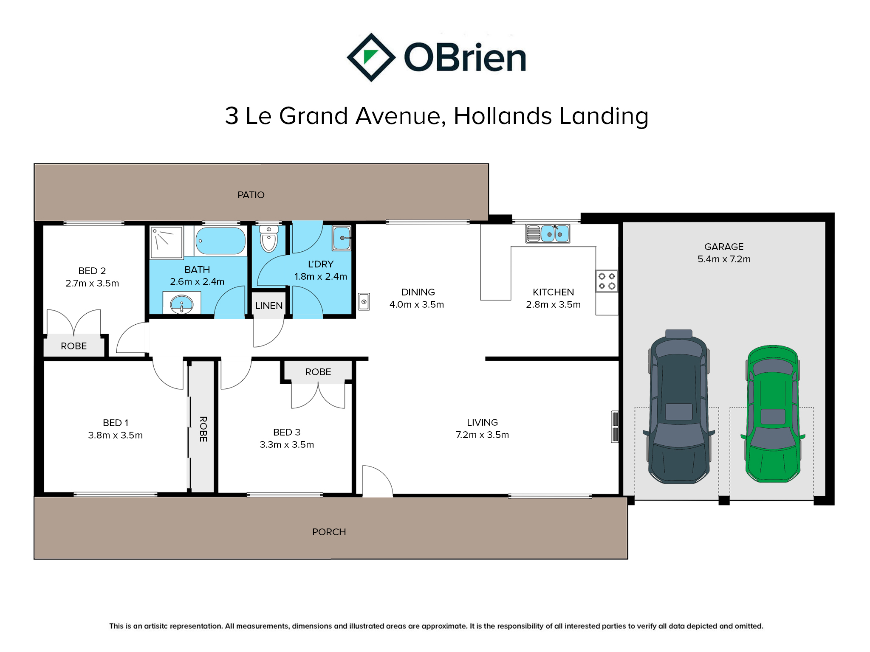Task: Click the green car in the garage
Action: [773, 414]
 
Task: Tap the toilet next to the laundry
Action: [268, 239]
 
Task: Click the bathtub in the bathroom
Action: [220, 241]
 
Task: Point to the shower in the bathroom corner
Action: [167, 242]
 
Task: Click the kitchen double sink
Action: [548, 233]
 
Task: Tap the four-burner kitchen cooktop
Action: [607, 281]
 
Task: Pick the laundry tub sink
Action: [342, 238]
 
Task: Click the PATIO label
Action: [251, 195]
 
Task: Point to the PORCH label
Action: [329, 532]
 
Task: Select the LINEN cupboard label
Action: [269, 306]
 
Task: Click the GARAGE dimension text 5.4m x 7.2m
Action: [724, 259]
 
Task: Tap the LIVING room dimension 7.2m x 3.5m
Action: [482, 435]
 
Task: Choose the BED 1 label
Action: [116, 423]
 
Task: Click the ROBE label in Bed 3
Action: [318, 372]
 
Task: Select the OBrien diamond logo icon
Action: [371, 57]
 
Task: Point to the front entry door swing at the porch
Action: [377, 481]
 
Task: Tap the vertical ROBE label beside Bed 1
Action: [203, 429]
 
